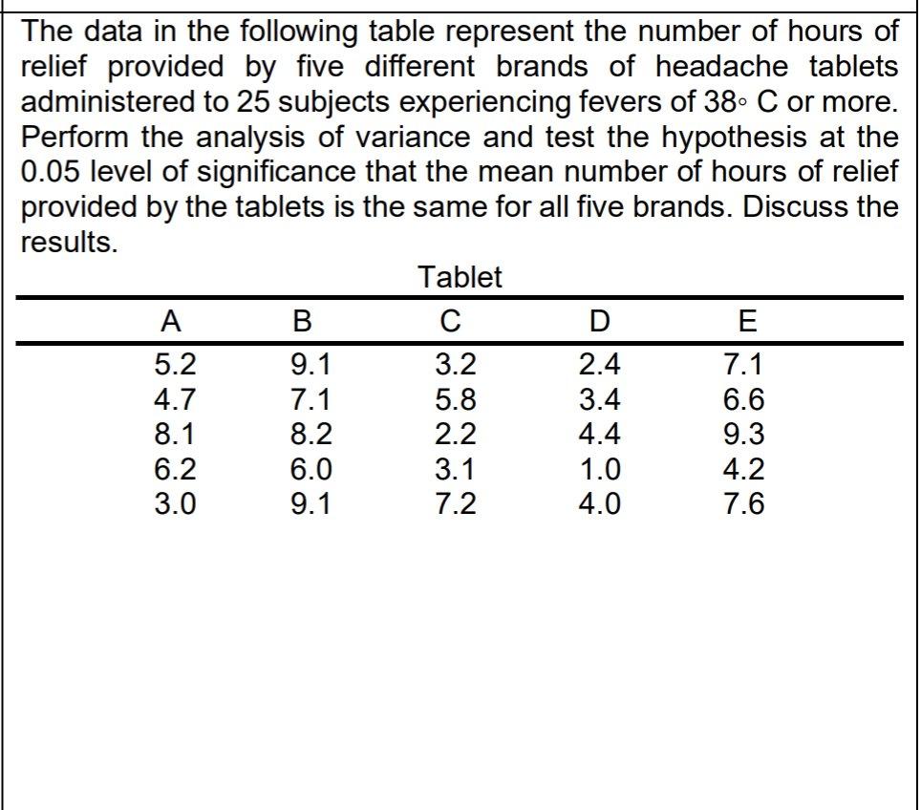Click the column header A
[x=172, y=321]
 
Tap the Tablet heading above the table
[x=460, y=278]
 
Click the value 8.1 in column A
[x=174, y=435]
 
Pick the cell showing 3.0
[x=174, y=503]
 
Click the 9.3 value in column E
[x=744, y=435]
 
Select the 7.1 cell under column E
[x=744, y=366]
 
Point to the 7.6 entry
[x=744, y=503]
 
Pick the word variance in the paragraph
[x=333, y=137]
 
